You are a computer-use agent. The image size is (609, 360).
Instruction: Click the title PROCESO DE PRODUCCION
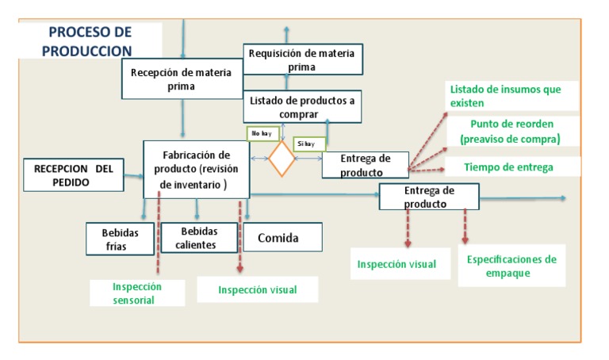[x=90, y=41]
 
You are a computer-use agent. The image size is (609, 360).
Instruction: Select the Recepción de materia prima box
[x=182, y=79]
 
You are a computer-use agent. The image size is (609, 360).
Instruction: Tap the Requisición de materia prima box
[x=302, y=60]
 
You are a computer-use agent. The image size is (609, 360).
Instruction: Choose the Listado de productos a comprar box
[x=302, y=107]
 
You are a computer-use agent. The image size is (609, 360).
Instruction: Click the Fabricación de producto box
[x=196, y=169]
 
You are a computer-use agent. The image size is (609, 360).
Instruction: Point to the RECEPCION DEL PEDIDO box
[x=73, y=175]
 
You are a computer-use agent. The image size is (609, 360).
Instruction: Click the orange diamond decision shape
[x=282, y=159]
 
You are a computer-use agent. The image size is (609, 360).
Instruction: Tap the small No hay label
[x=262, y=134]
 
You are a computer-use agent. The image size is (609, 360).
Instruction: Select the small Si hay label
[x=308, y=144]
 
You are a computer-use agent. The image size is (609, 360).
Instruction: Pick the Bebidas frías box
[x=121, y=239]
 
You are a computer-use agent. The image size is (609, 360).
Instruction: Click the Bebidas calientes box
[x=198, y=237]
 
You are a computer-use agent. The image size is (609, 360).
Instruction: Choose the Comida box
[x=282, y=236]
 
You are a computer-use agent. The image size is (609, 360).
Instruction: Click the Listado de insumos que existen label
[x=505, y=96]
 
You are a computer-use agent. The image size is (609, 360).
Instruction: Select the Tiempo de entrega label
[x=508, y=167]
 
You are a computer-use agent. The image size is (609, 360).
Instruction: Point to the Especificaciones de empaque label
[x=511, y=266]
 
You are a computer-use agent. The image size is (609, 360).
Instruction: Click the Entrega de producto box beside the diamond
[x=366, y=165]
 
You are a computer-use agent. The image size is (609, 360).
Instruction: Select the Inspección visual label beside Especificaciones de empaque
[x=396, y=264]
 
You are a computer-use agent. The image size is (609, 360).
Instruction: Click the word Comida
[x=282, y=236]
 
